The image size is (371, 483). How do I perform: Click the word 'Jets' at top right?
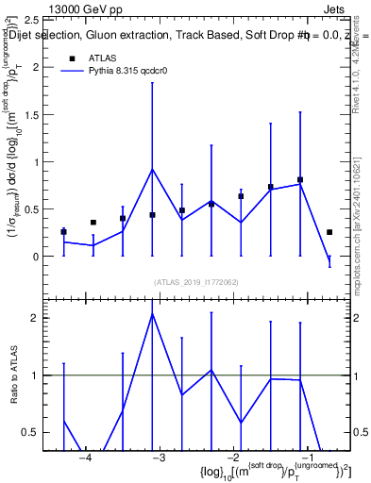[x=335, y=8]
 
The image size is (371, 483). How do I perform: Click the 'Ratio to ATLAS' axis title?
[x=12, y=375]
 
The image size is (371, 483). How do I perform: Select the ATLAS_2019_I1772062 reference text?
[x=195, y=281]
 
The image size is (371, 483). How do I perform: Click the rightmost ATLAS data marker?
[x=329, y=232]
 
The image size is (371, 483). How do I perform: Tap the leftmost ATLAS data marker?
[x=63, y=232]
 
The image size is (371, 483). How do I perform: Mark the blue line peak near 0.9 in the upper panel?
[x=152, y=169]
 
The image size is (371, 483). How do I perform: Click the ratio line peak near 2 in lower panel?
[x=152, y=313]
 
